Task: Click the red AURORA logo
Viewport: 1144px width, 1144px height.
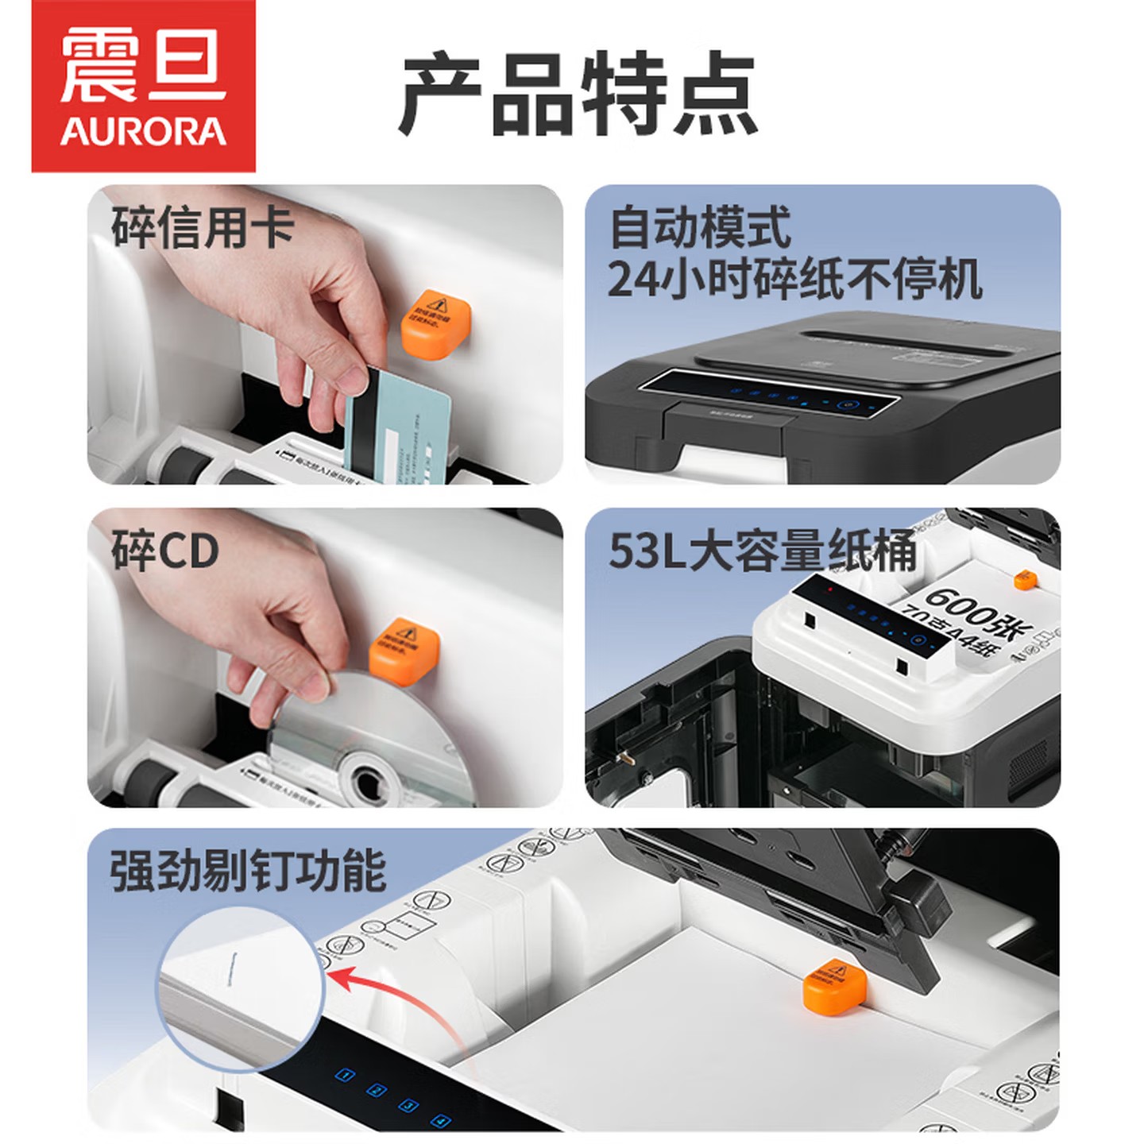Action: pos(143,86)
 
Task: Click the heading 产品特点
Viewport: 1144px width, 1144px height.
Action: pos(578,94)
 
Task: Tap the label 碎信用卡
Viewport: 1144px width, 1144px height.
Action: pos(203,227)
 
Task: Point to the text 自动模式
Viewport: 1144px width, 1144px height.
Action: pos(700,227)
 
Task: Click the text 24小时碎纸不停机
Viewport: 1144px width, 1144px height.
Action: pos(794,279)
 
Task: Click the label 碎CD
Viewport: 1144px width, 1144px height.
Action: pos(164,551)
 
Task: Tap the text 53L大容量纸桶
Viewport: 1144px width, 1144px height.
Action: pos(763,551)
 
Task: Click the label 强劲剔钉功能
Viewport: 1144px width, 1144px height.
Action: pos(248,871)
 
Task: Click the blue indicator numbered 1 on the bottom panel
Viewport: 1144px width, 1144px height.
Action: pos(345,1075)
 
